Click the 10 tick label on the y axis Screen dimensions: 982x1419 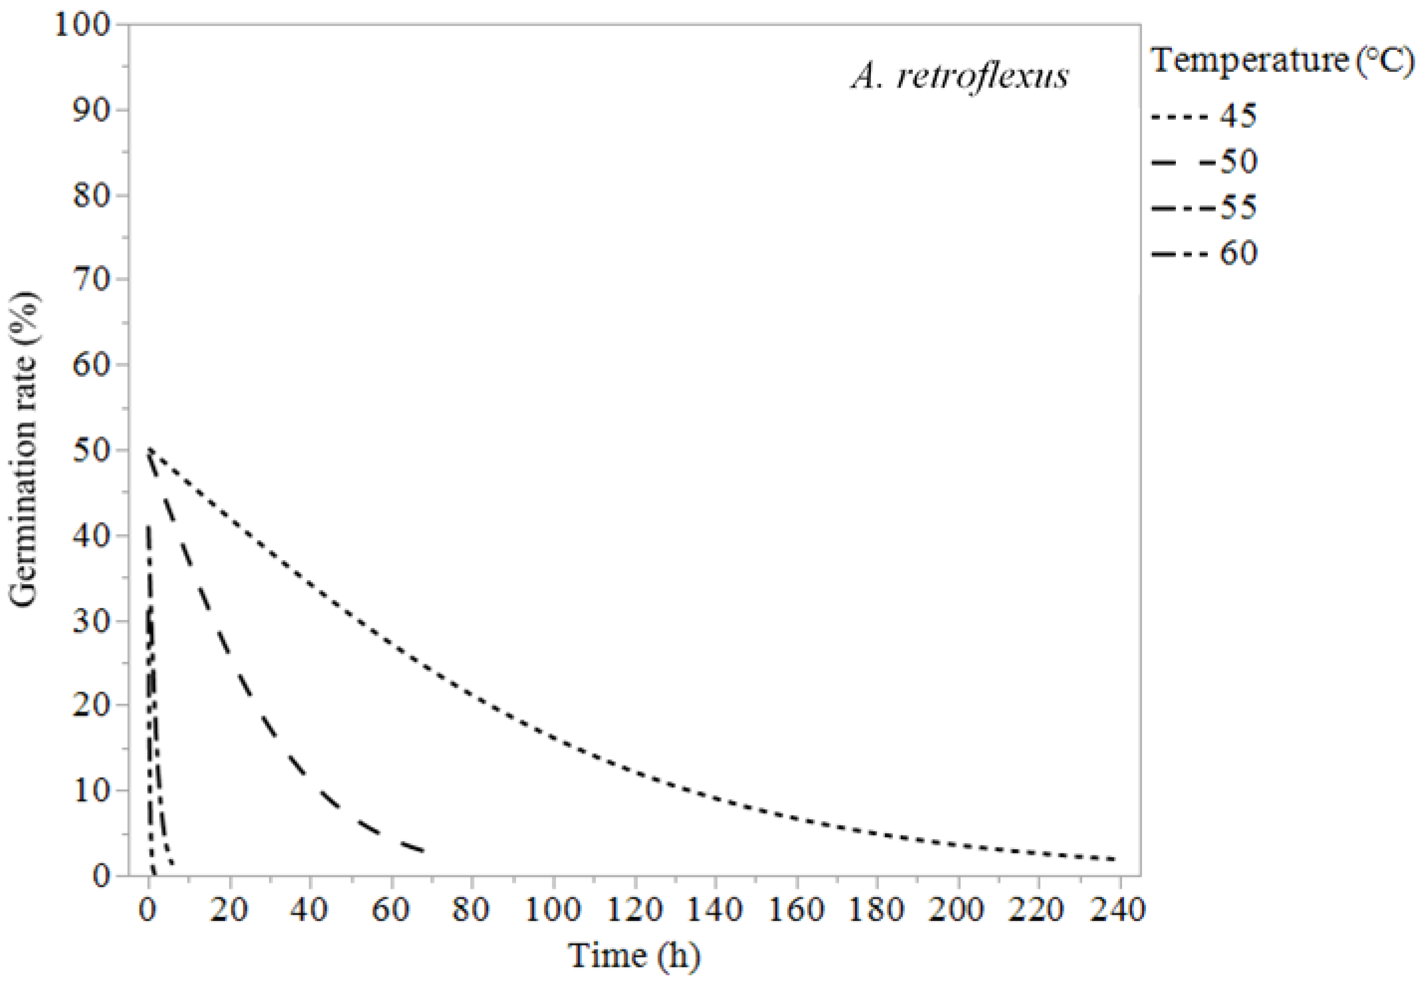click(92, 791)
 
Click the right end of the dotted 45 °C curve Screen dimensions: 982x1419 click(1114, 859)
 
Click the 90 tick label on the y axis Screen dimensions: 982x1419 click(92, 111)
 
